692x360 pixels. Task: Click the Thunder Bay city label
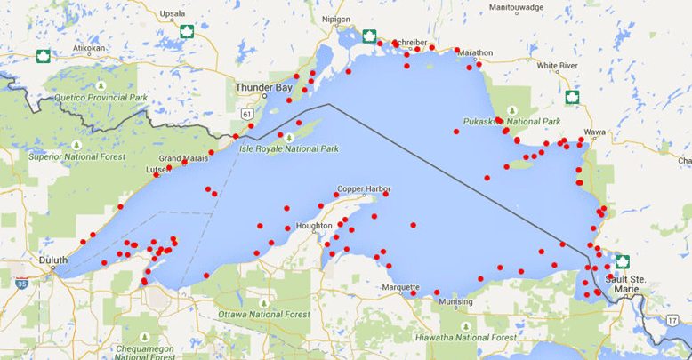262,88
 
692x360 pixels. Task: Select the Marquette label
400,287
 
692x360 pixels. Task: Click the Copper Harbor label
363,191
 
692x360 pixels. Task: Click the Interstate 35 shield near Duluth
21,283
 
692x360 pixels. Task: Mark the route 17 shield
672,318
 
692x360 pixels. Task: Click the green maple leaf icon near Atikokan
43,57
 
